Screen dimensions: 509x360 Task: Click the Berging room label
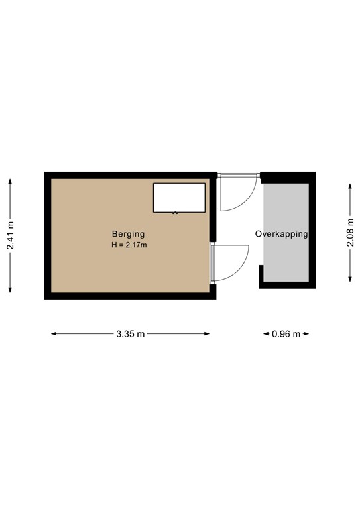[128, 234]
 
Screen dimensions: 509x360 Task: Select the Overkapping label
[282, 235]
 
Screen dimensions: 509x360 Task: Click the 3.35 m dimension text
[130, 334]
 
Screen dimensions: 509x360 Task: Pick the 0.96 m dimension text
[286, 334]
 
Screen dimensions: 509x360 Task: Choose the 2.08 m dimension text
[351, 233]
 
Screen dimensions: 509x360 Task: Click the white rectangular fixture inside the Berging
[179, 198]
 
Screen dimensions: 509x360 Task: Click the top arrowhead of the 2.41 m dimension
[11, 179]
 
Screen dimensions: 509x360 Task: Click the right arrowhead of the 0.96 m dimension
[309, 334]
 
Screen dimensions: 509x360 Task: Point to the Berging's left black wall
[48, 235]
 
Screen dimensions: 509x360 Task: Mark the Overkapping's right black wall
[312, 232]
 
